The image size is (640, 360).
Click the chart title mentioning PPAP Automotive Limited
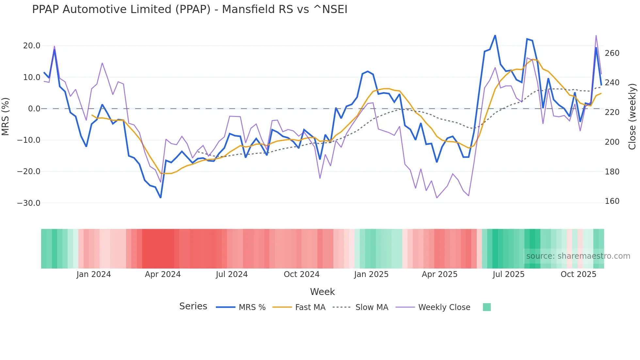tap(189, 9)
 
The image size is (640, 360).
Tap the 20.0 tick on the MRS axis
tap(32, 46)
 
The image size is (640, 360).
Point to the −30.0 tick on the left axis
tap(29, 203)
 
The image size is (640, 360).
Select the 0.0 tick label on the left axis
tap(34, 109)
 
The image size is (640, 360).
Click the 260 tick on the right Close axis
tap(612, 53)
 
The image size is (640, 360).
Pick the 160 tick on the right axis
tap(612, 201)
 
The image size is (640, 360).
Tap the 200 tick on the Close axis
tap(612, 142)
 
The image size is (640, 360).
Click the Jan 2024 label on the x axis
tap(94, 274)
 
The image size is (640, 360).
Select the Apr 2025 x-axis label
tap(440, 274)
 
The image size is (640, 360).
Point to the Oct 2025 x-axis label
tap(578, 274)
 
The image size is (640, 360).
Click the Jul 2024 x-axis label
tap(232, 274)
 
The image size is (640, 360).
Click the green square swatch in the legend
tap(487, 307)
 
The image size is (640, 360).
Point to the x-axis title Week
tap(322, 292)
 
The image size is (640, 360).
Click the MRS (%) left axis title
tap(6, 116)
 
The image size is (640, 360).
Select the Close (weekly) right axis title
tap(632, 116)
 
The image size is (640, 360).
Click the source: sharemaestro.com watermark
tap(578, 256)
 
